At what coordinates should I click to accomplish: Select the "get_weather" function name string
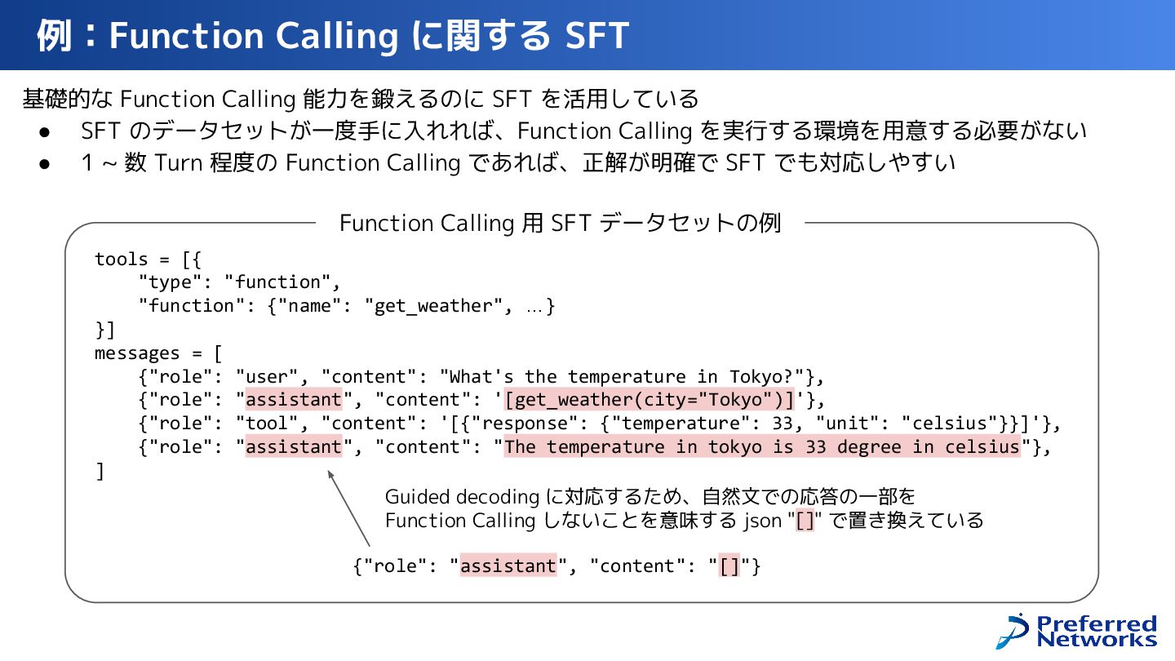429,306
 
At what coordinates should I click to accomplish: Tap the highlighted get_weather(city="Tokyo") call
650,400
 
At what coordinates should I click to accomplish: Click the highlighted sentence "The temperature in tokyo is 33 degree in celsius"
762,447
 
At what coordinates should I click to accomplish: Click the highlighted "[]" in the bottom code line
729,566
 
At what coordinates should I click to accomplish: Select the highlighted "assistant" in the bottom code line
508,566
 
